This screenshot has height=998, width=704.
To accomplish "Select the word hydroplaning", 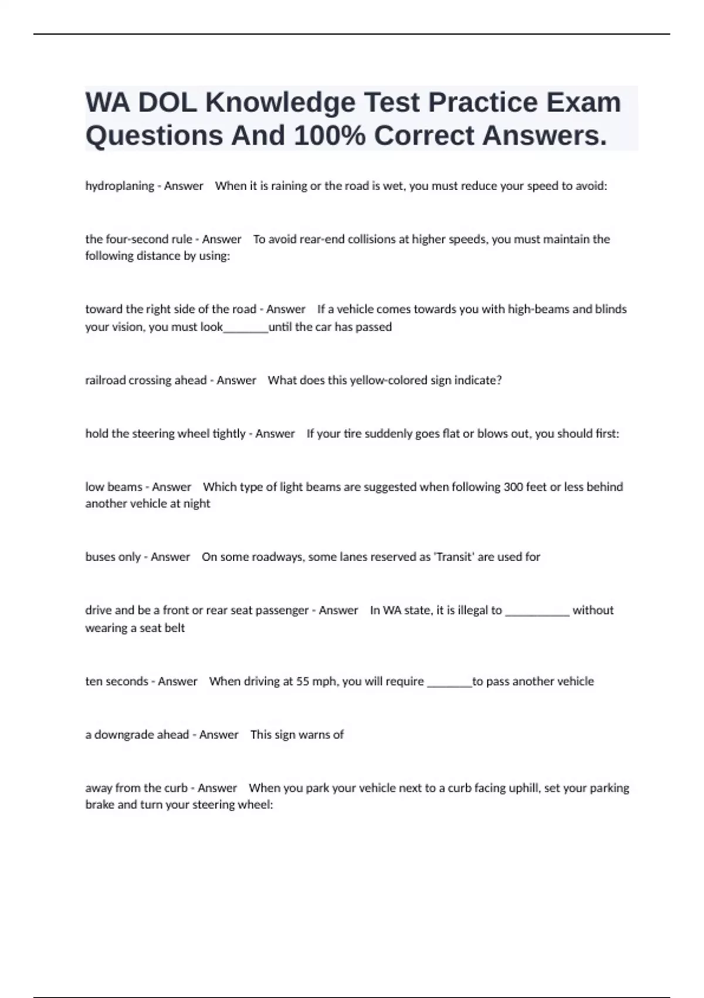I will [x=120, y=186].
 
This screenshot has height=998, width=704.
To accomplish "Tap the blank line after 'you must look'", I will [x=246, y=328].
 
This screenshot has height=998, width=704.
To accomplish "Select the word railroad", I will [x=106, y=380].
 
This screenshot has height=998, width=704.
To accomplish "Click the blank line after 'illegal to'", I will [x=537, y=612].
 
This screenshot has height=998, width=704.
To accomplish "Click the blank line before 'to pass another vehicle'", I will [x=449, y=683].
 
